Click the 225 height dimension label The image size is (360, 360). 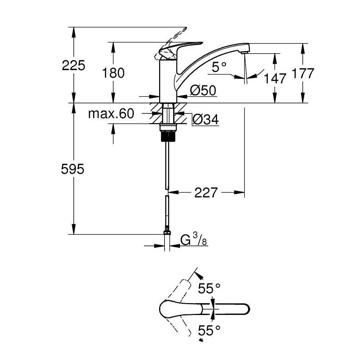click(x=73, y=66)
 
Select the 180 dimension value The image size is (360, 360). click(x=113, y=73)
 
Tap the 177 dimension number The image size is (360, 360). click(x=303, y=73)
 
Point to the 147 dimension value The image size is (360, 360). click(x=275, y=78)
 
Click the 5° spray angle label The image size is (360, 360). click(x=219, y=67)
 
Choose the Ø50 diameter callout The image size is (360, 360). click(x=203, y=90)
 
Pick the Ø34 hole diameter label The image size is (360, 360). click(x=206, y=120)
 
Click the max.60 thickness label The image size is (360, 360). click(x=111, y=114)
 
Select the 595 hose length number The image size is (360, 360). click(x=73, y=170)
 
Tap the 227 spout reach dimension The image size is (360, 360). click(x=206, y=192)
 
